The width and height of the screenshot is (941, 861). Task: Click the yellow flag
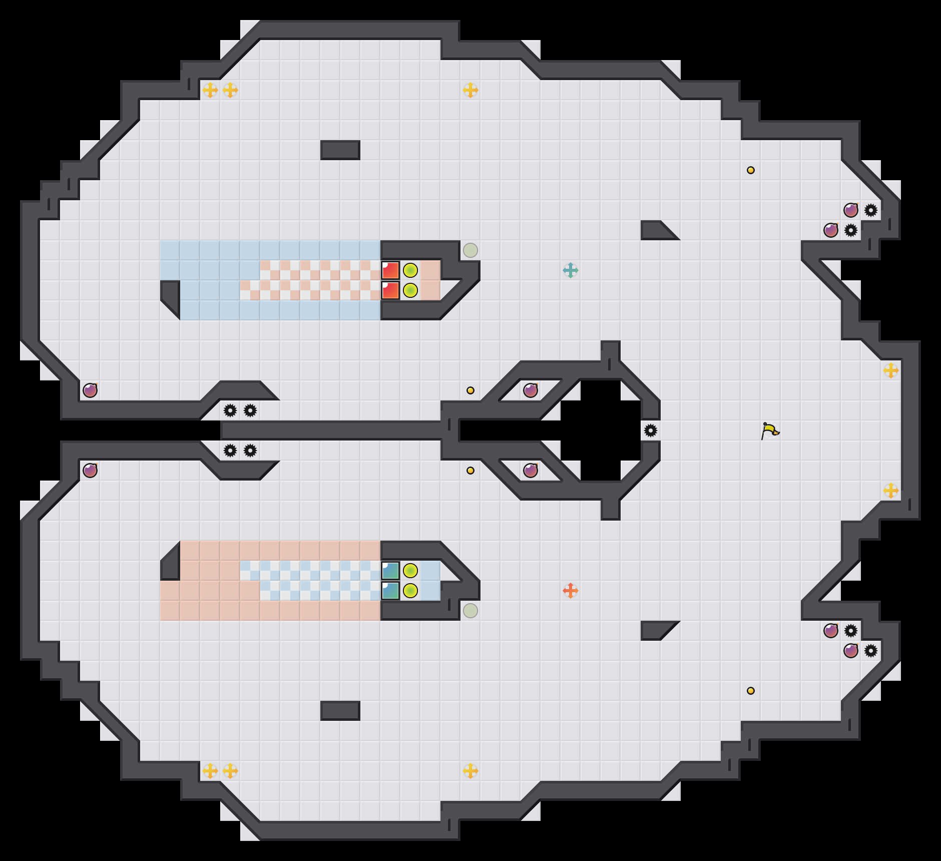point(770,430)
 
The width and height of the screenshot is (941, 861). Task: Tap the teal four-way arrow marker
point(570,270)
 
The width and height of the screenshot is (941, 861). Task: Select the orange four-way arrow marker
point(570,591)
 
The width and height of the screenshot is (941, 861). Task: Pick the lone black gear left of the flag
point(650,430)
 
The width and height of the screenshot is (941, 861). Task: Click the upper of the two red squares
point(390,270)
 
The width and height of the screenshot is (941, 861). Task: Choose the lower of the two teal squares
point(390,591)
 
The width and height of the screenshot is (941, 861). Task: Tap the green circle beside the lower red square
point(410,290)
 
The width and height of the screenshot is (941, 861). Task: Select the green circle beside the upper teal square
point(410,571)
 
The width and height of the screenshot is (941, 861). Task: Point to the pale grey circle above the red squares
point(470,250)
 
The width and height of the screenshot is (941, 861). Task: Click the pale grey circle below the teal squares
point(470,611)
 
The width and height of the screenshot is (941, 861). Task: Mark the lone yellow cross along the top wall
point(470,90)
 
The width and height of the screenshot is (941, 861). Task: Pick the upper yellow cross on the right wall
point(890,370)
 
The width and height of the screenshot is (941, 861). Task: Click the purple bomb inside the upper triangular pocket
point(530,390)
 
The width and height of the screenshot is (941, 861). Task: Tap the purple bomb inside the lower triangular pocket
point(530,471)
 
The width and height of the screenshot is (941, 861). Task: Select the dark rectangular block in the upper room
point(340,150)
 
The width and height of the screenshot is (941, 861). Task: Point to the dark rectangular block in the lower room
point(340,711)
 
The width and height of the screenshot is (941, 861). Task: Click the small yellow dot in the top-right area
point(750,170)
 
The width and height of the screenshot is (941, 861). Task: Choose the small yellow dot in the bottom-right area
point(750,691)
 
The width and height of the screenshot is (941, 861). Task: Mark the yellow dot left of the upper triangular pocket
point(470,390)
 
